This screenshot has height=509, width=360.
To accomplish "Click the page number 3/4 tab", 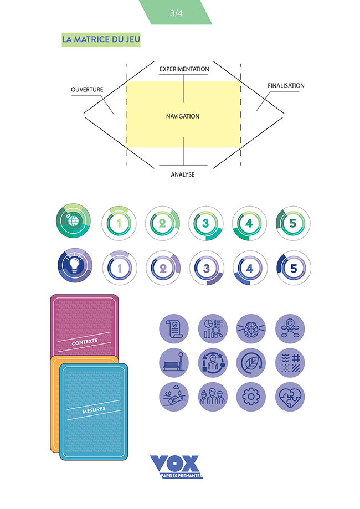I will click(176, 13).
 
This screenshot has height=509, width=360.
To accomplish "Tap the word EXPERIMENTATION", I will click(184, 69).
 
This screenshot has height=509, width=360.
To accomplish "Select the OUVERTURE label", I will click(87, 89).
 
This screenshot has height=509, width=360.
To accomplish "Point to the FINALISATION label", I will click(286, 86).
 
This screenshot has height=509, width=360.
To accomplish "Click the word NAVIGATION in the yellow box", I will click(183, 116).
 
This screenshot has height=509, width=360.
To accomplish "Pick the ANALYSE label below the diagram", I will click(183, 174).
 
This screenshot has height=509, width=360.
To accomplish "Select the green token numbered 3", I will click(206, 224).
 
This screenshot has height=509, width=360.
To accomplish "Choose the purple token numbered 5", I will click(293, 268).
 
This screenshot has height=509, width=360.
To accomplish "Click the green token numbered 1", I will click(119, 224).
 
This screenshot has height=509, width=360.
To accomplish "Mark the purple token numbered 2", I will click(163, 268).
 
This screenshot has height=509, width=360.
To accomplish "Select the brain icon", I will click(251, 329).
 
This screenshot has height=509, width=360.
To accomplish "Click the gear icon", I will click(251, 397).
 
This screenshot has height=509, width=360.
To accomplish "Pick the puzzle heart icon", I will click(290, 397).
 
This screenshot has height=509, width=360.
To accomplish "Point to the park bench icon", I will click(173, 363).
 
